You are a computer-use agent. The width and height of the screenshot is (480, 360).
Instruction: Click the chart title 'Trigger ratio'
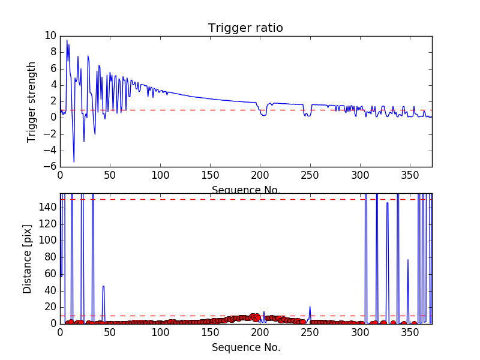(245, 28)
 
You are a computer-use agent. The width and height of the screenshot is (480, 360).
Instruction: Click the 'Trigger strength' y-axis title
(32, 101)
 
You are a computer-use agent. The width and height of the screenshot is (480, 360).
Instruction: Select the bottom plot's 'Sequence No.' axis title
(245, 347)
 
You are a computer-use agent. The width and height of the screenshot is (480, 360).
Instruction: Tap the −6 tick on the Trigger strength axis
(47, 167)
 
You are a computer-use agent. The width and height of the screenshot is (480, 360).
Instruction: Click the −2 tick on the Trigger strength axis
(47, 134)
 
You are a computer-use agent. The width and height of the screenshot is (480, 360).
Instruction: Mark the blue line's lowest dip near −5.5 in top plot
(74, 161)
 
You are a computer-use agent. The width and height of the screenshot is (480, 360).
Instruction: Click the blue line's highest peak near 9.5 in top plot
(67, 41)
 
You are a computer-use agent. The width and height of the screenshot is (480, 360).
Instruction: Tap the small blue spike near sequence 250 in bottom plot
(310, 307)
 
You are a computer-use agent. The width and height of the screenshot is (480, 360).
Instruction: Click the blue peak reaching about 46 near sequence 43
(103, 286)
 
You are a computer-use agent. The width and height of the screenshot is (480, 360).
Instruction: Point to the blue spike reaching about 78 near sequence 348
(408, 260)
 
